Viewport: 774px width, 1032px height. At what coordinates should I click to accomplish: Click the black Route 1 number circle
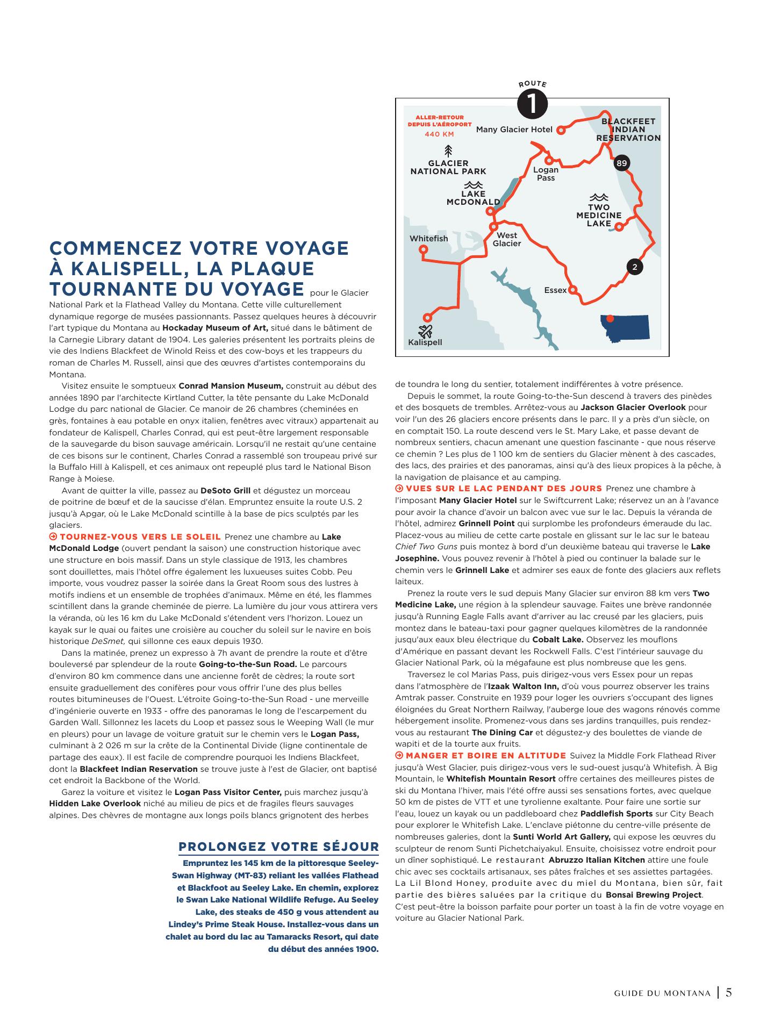click(x=532, y=104)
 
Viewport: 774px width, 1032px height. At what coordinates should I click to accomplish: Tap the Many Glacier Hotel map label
click(x=514, y=130)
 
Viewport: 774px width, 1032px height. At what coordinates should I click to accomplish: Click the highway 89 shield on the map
click(x=621, y=163)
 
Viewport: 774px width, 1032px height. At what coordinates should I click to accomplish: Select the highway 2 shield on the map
click(x=635, y=267)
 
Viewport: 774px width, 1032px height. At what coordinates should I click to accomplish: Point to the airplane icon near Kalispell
click(x=425, y=331)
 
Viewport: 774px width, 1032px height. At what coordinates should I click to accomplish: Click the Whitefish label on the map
click(x=428, y=239)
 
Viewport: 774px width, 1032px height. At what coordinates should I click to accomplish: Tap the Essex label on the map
click(x=555, y=290)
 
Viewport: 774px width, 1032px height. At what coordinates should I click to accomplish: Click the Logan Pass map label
click(x=546, y=174)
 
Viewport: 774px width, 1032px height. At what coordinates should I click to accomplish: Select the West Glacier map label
click(x=507, y=239)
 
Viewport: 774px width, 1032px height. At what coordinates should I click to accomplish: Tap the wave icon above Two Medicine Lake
click(x=598, y=197)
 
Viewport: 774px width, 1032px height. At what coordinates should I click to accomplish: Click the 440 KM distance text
click(x=439, y=134)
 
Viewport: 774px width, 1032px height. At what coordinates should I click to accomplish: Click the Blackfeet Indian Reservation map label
click(x=628, y=130)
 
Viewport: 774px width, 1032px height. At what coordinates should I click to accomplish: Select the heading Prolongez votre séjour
click(x=278, y=847)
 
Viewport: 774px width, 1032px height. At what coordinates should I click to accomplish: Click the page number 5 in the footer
click(x=729, y=992)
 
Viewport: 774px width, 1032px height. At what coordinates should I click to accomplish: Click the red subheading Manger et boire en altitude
click(x=485, y=756)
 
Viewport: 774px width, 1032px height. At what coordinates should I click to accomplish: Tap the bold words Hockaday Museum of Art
click(x=214, y=328)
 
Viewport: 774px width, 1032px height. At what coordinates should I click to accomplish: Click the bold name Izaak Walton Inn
click(x=523, y=686)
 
